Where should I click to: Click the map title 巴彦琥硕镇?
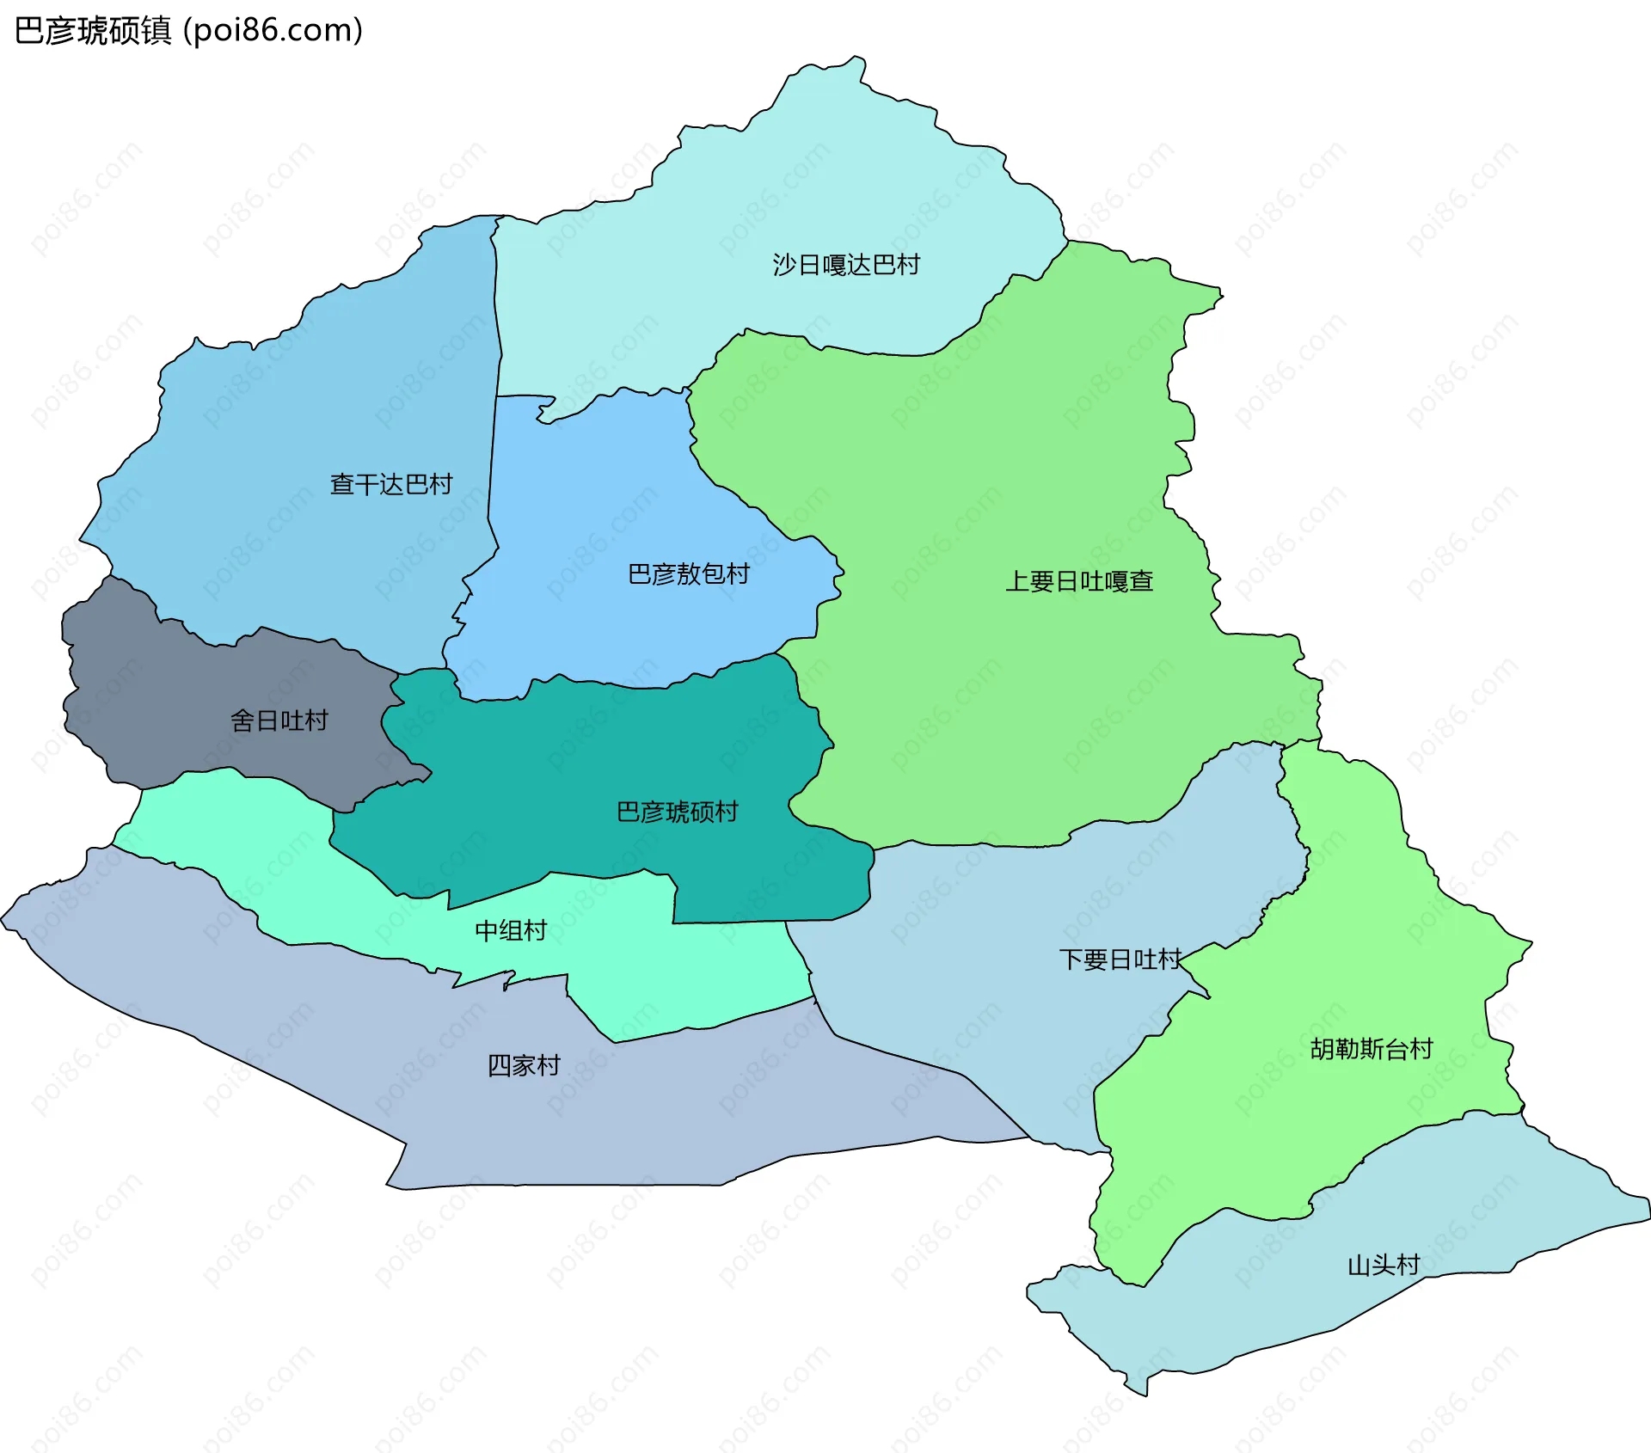click(93, 31)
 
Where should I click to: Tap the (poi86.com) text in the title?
click(273, 31)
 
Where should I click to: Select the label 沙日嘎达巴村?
click(846, 264)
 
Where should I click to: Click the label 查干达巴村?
click(391, 484)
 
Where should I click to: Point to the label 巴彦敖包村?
click(689, 573)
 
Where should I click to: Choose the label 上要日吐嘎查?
click(1079, 581)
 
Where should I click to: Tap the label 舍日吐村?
click(279, 720)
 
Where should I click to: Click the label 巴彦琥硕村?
click(678, 811)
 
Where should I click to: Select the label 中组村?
click(511, 930)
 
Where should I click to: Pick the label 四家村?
click(524, 1065)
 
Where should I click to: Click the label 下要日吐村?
click(1120, 959)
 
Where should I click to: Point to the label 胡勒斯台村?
click(1372, 1048)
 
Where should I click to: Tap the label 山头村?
click(1383, 1265)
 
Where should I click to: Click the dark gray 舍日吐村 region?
click(172, 679)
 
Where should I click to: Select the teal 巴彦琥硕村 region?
click(559, 774)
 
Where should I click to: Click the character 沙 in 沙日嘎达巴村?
click(784, 264)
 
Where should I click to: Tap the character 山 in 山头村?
click(1359, 1265)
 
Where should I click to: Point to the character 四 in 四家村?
click(500, 1065)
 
